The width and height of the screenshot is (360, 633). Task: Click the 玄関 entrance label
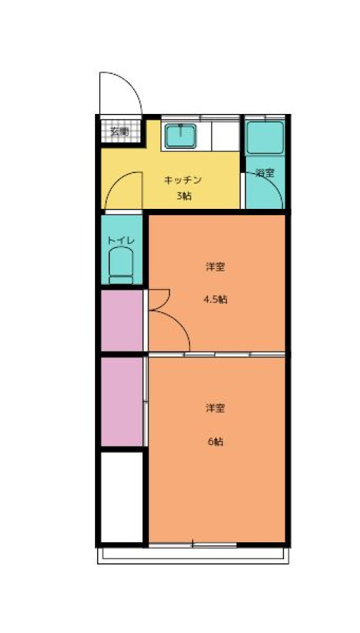tap(120, 132)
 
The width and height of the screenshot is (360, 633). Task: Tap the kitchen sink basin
tap(181, 136)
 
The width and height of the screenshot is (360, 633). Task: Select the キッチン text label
tap(182, 180)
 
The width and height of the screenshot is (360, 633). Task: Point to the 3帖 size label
tap(184, 197)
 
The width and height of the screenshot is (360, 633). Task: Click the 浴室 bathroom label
tap(266, 173)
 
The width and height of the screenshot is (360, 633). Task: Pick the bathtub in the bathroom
tap(265, 138)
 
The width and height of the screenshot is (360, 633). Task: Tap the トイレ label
tap(121, 241)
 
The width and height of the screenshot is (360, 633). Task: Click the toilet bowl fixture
tap(121, 266)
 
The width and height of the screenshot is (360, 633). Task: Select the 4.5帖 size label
tap(216, 300)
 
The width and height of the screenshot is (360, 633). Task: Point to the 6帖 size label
tap(216, 442)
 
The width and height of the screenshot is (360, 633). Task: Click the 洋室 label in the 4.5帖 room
tap(216, 267)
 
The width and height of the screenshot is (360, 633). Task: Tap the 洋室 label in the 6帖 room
tap(216, 408)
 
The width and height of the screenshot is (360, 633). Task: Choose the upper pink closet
tap(122, 321)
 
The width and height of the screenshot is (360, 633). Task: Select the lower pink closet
tap(122, 402)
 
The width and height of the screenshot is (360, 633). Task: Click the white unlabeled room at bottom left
tap(122, 497)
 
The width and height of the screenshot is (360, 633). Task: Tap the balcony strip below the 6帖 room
tap(193, 556)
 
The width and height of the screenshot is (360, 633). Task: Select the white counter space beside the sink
tap(226, 136)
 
